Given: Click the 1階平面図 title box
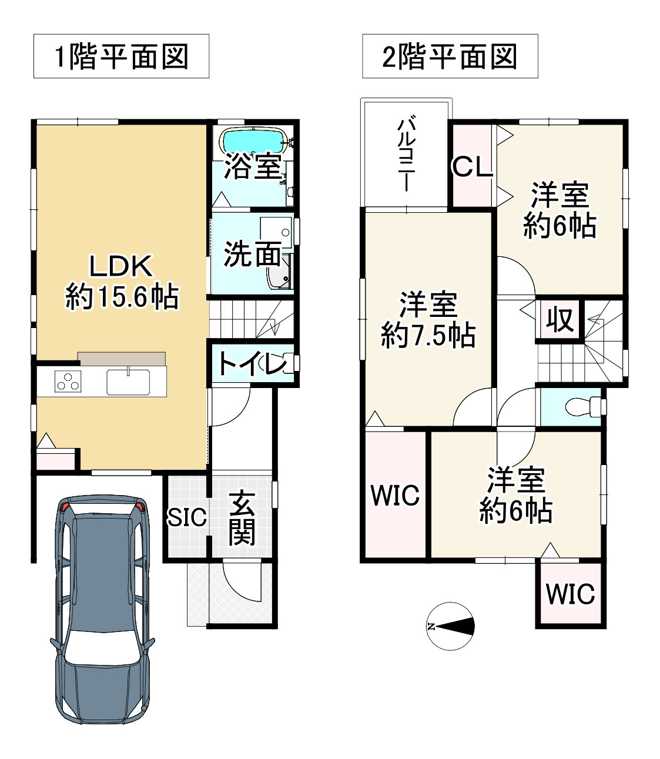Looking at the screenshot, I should [121, 56].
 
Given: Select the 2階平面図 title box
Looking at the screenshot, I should [450, 56].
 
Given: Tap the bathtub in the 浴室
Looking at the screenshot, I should [252, 141].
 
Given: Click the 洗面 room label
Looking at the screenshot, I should [252, 254].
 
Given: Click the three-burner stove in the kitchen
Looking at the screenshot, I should [66, 382].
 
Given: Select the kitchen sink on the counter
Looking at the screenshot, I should [128, 382].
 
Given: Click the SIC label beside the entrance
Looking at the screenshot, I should [187, 517].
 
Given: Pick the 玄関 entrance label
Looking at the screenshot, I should [242, 518].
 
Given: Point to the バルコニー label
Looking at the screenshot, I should [406, 154].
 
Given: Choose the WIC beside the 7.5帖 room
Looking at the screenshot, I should [394, 495].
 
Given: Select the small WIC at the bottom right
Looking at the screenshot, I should [570, 594].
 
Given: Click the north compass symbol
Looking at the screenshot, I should [451, 626].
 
